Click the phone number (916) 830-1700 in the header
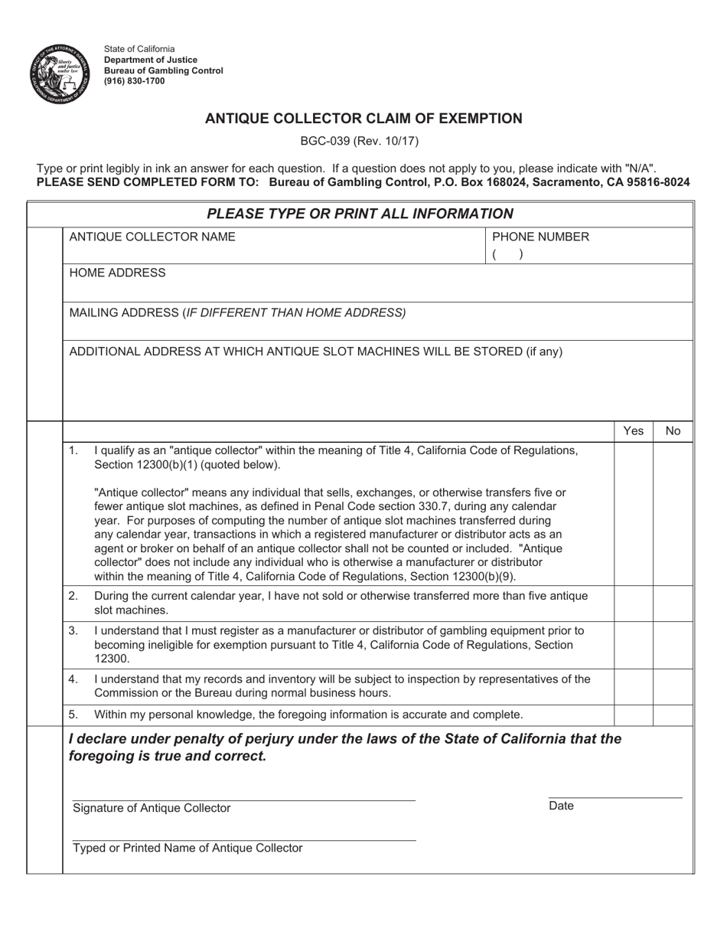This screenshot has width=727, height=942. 135,81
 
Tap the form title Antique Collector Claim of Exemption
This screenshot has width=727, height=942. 363,119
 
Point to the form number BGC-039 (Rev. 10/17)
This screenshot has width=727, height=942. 363,141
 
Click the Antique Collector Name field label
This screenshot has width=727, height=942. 152,237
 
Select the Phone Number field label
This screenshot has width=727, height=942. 540,237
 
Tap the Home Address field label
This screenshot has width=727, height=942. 117,273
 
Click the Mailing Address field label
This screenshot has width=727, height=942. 237,312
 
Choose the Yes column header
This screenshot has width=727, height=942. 633,431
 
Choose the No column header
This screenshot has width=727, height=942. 673,431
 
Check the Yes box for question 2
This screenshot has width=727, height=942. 633,603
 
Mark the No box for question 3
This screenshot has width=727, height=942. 673,644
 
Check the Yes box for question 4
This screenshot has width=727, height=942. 633,686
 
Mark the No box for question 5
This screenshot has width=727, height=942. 673,715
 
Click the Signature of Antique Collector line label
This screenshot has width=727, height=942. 152,808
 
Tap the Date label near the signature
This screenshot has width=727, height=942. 561,806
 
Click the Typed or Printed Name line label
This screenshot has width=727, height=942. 187,848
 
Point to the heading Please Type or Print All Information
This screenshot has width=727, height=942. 360,214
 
